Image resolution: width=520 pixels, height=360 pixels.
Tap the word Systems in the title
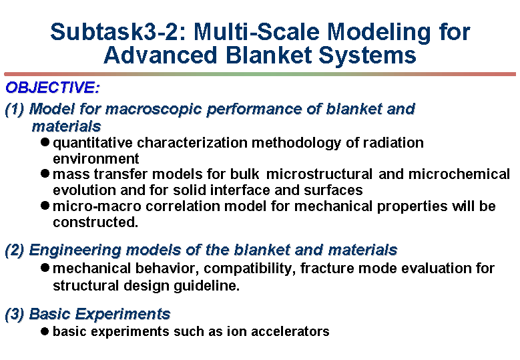coord(367,55)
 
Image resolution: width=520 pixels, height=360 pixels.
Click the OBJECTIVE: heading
coord(52,87)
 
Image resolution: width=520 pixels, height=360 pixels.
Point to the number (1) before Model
coord(15,110)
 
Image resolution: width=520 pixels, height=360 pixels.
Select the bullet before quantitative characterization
coord(45,142)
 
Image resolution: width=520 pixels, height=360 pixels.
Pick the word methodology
coord(296,143)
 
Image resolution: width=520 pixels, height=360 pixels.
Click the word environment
coord(96,158)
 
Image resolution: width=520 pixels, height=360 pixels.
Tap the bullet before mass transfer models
coord(45,173)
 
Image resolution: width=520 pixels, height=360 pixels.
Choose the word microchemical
coord(459,174)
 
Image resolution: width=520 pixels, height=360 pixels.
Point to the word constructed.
coord(95,222)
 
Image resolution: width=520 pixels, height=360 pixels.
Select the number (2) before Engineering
coord(15,250)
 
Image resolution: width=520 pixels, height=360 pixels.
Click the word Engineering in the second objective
coord(75,250)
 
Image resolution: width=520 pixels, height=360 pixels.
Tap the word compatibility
coord(250,268)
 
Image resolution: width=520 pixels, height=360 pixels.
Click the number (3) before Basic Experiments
coord(15,314)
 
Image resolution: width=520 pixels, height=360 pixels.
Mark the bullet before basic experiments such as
coord(45,331)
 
